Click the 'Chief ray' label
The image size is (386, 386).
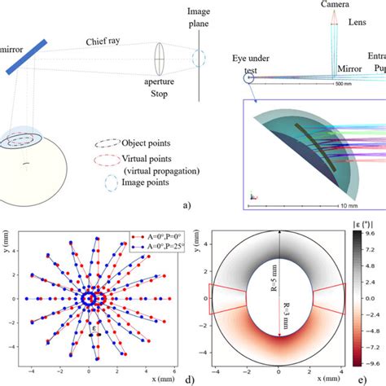107,42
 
